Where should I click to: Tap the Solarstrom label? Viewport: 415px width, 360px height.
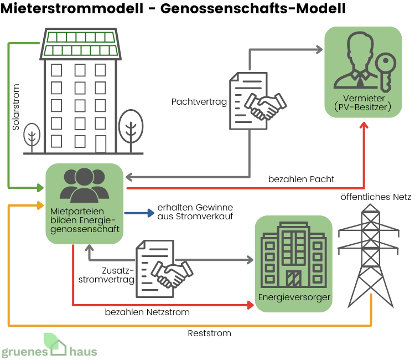[16, 107]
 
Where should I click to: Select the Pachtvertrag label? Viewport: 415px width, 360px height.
[199, 102]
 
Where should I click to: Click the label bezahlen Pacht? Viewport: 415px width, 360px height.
[301, 179]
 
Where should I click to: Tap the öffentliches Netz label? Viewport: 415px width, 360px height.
[376, 197]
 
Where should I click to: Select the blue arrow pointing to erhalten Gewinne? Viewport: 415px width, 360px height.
[138, 213]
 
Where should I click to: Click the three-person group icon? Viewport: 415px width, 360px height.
[84, 184]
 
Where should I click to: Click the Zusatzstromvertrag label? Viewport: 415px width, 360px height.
[118, 275]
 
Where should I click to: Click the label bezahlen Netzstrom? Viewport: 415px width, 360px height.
[147, 312]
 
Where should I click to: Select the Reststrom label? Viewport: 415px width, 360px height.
[209, 333]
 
